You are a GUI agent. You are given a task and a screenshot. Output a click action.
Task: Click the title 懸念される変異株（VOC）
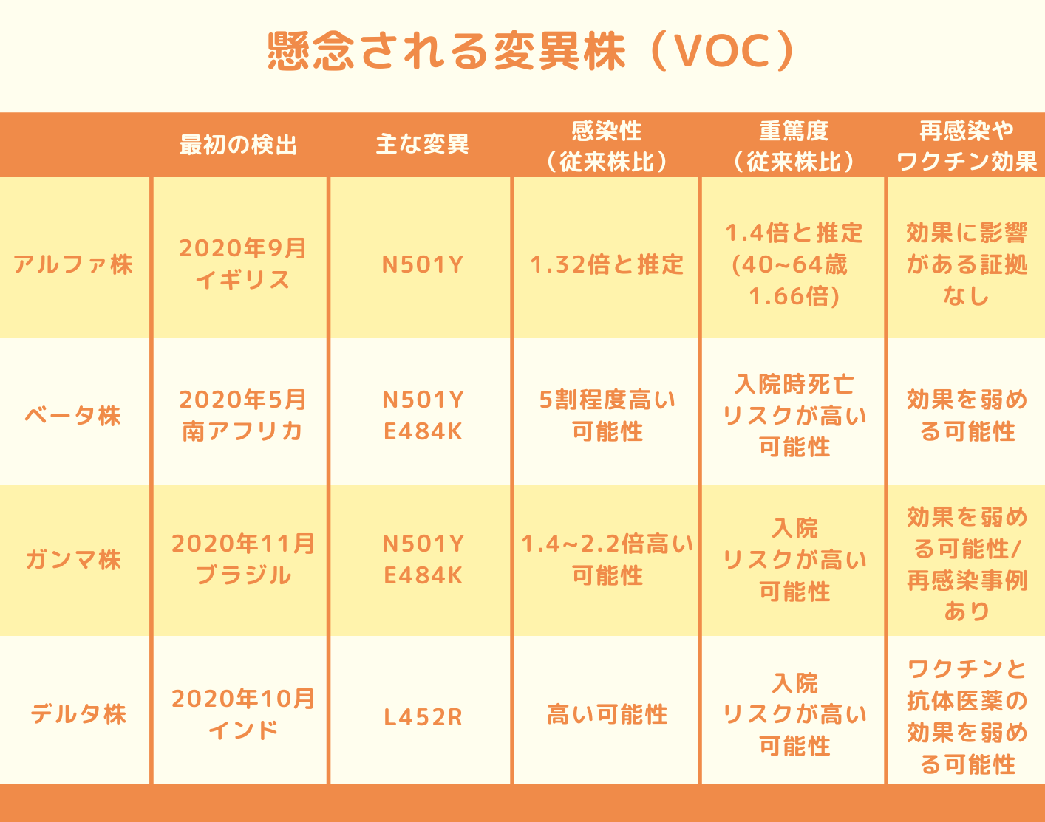531,52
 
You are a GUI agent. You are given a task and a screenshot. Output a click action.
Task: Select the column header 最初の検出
239,145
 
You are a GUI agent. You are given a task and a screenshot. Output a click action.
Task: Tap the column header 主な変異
423,144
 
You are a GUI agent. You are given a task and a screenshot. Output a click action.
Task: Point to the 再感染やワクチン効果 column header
967,145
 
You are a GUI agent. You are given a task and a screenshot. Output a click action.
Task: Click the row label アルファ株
73,264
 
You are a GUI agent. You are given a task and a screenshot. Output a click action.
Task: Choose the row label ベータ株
73,416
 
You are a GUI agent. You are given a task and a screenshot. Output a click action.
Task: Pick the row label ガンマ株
73,559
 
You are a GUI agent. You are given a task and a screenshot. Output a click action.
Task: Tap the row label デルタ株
78,713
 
